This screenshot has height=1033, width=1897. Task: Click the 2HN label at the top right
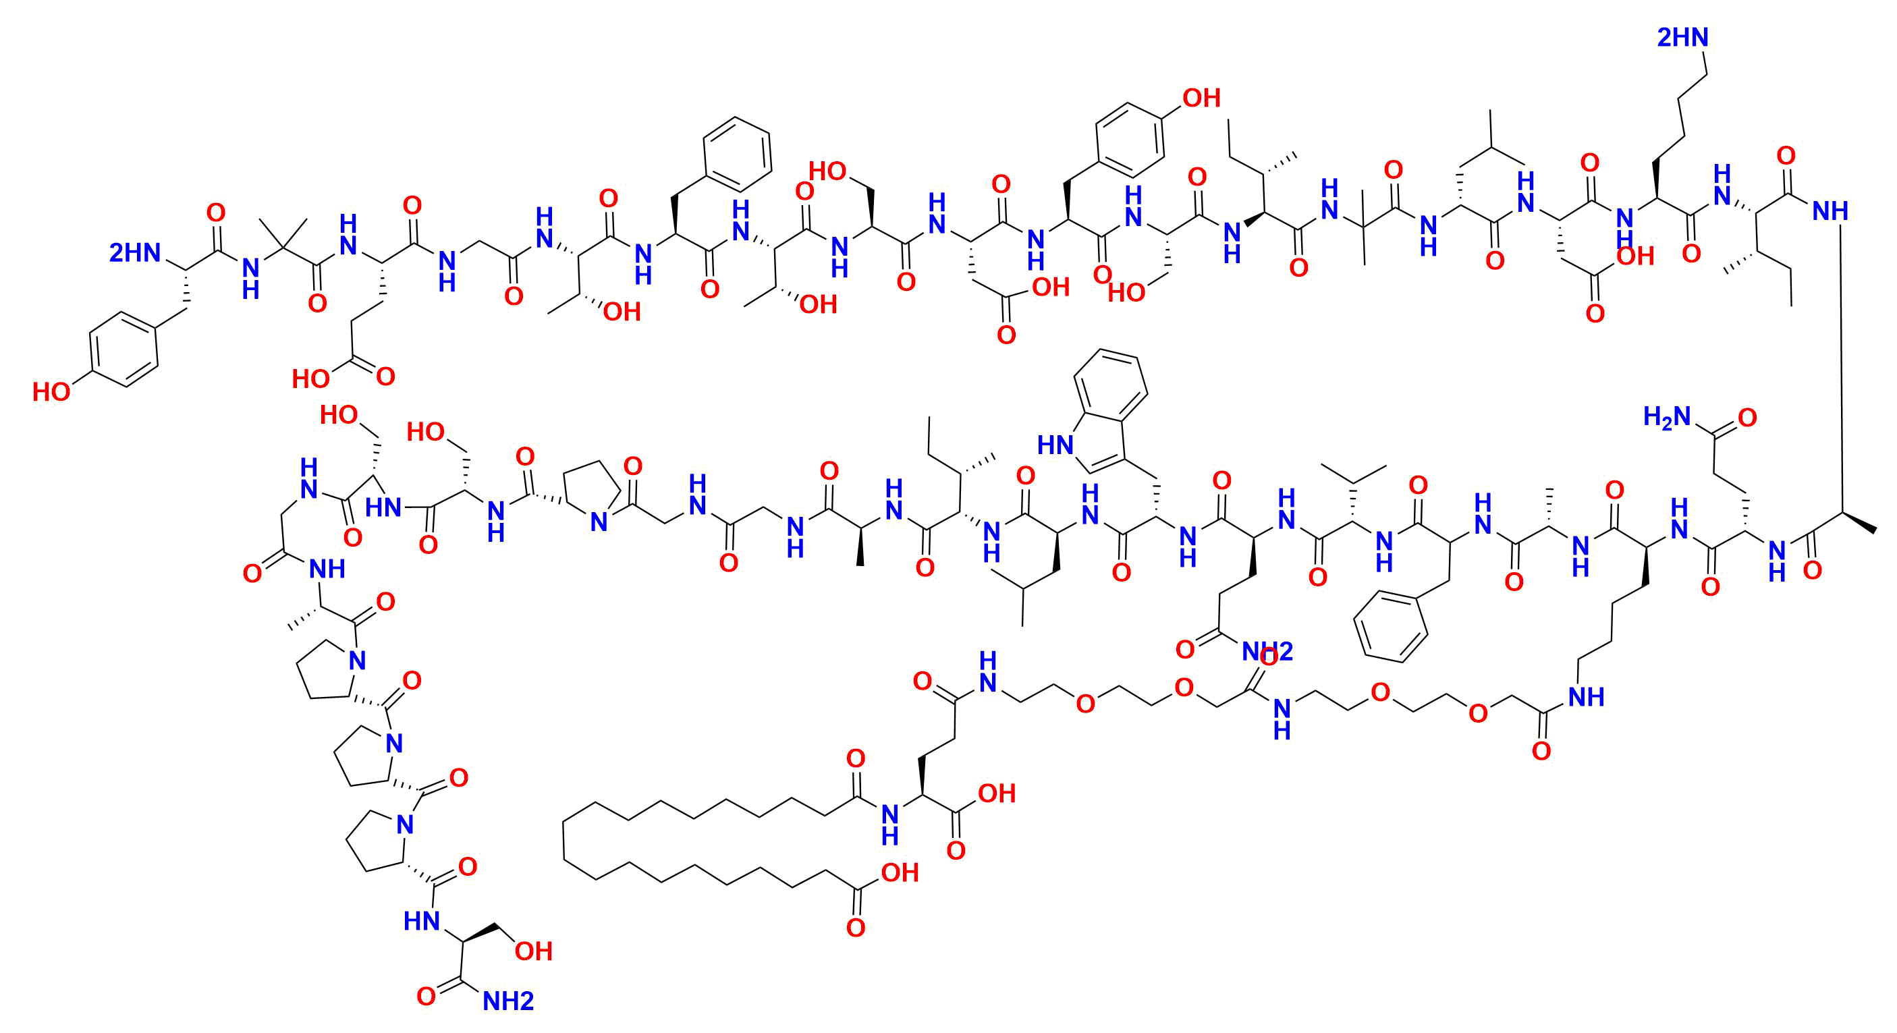pos(1682,38)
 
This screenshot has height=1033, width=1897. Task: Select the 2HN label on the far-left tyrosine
pos(135,253)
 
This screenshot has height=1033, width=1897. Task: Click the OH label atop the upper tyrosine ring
pos(1202,98)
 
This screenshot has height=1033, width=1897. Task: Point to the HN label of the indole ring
pos(1055,445)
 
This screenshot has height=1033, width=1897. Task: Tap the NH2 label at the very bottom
pos(508,1001)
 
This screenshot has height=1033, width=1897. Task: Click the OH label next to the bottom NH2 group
pos(533,951)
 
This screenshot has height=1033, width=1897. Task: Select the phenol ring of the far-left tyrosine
pos(123,349)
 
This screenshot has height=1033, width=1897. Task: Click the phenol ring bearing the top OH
pos(1130,140)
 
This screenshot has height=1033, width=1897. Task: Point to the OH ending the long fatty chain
pos(900,873)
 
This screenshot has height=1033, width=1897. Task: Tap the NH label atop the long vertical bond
pos(1830,211)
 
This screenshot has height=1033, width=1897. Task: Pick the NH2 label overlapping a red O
pos(1267,651)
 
